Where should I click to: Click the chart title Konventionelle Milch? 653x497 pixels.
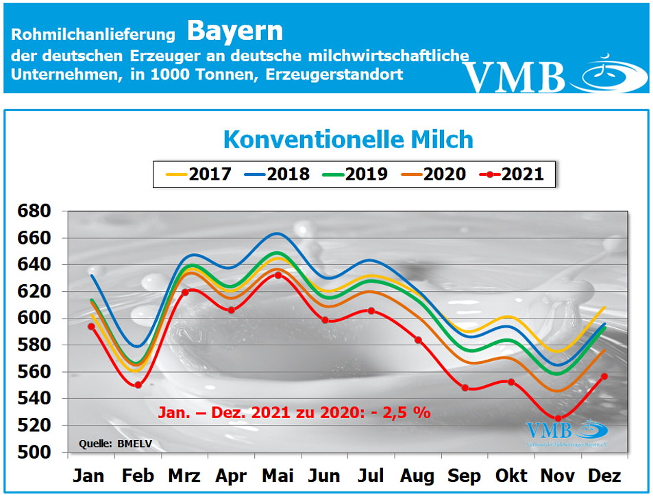[348, 140]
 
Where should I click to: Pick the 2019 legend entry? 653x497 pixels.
[355, 174]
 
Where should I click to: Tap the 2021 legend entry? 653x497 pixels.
[512, 174]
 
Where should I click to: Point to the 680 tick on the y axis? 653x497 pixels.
[34, 211]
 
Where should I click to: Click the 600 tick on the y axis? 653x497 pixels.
[34, 318]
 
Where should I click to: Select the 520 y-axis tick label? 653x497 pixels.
[34, 425]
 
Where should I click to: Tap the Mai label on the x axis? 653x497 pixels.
[278, 476]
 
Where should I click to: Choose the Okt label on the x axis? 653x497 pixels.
[511, 476]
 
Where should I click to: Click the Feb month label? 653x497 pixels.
[138, 476]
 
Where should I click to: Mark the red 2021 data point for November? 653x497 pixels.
[558, 419]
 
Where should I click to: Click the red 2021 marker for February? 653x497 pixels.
[138, 385]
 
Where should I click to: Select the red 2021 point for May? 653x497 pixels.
[278, 276]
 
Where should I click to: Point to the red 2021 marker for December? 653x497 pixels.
[604, 376]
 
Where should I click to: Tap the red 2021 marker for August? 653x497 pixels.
[418, 340]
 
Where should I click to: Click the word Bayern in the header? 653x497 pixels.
[235, 31]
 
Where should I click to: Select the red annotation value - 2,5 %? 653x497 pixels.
[401, 412]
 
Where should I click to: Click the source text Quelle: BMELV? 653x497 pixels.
[115, 444]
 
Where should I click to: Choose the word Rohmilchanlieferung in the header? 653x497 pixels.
[93, 34]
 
